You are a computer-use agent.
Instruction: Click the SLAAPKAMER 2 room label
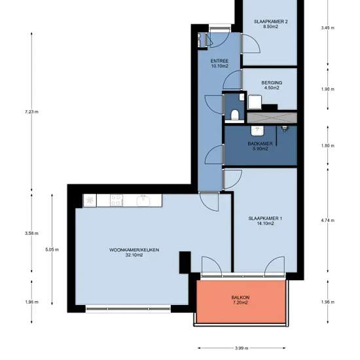271,22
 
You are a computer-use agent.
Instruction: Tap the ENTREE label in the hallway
219,61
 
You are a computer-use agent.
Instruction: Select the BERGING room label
272,82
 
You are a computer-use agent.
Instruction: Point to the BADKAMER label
260,144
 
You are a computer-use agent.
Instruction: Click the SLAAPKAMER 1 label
265,219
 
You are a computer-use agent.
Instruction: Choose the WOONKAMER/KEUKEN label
134,250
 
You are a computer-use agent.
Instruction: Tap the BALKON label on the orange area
240,298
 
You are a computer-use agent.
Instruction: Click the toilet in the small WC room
235,115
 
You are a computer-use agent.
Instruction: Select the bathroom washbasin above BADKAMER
258,131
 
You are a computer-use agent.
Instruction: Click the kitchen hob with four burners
117,200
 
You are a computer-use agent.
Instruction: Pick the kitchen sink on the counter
143,200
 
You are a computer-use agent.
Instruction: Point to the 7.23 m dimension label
31,112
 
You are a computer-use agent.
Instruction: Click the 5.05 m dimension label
52,249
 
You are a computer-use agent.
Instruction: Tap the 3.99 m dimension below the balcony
242,348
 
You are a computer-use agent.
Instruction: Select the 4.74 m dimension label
328,221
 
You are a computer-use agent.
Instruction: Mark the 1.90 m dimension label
328,89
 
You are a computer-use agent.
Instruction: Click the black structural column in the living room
185,262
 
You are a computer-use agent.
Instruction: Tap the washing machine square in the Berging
255,102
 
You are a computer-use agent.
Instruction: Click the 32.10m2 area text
134,255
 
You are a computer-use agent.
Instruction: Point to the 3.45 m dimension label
328,28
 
